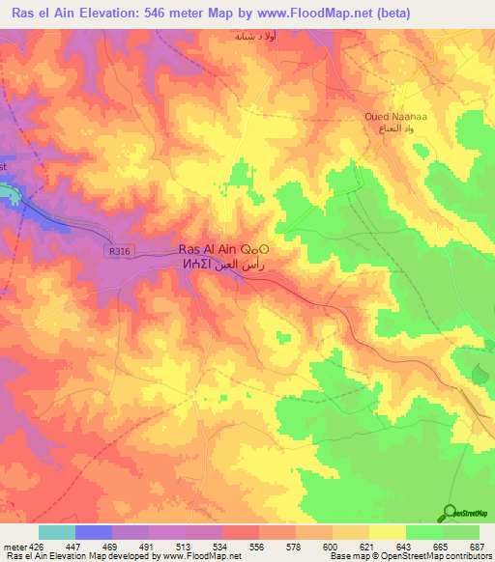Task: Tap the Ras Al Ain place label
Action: click(213, 246)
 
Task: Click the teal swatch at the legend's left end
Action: click(56, 532)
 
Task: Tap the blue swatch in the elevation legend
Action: click(93, 532)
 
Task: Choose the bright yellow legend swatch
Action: click(387, 532)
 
